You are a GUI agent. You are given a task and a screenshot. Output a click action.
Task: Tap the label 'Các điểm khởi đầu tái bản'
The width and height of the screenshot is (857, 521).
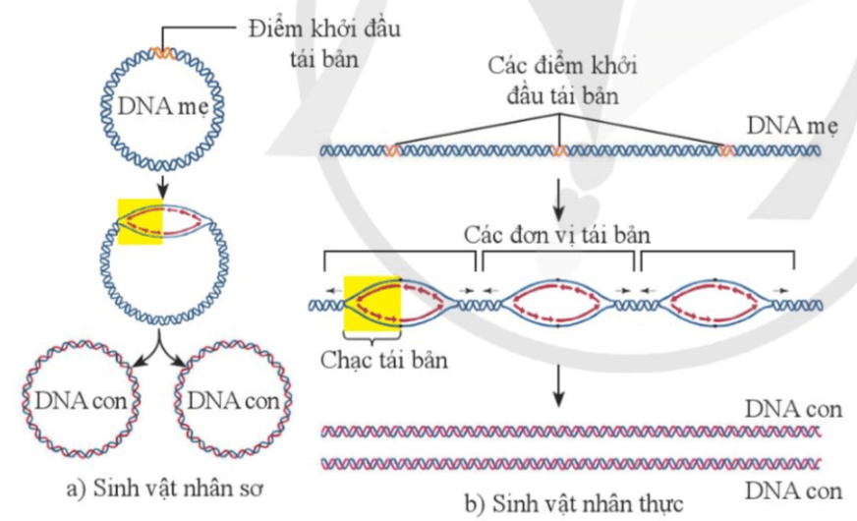pos(561,83)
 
